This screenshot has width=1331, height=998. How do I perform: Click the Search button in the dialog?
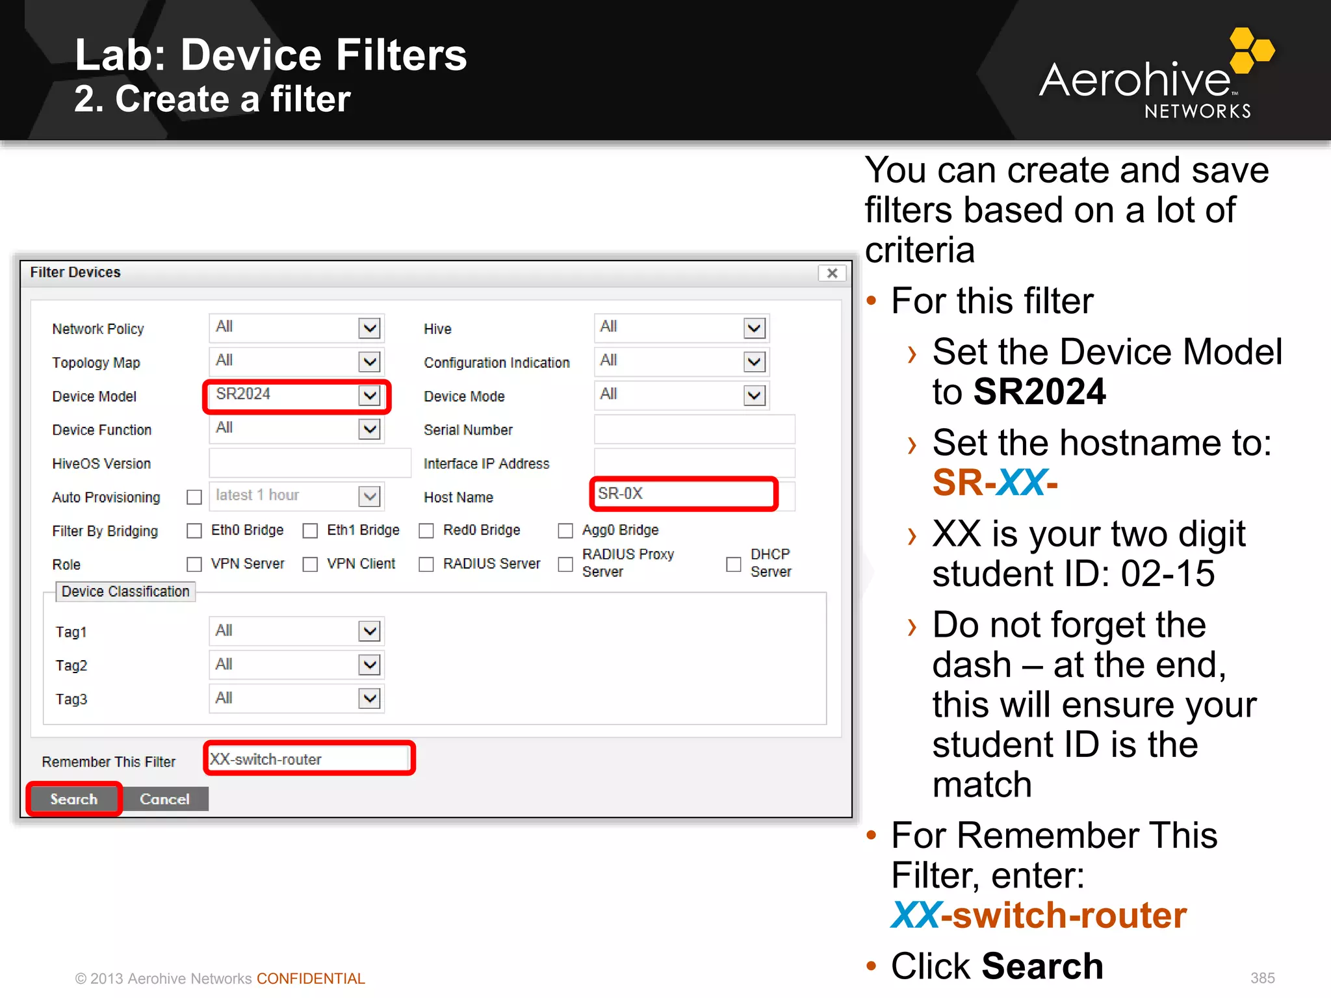[73, 799]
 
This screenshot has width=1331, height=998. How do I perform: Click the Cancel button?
[164, 799]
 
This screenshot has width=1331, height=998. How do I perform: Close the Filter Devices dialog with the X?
[832, 273]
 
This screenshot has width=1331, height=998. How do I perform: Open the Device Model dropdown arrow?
[369, 395]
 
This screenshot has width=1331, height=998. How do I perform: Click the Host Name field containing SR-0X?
[682, 494]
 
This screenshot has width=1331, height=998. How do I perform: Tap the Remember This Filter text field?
[309, 759]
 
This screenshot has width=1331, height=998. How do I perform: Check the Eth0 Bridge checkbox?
[194, 531]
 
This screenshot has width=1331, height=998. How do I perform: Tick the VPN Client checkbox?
[310, 564]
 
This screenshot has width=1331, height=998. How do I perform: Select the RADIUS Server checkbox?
[426, 564]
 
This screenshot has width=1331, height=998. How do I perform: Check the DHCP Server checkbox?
[734, 564]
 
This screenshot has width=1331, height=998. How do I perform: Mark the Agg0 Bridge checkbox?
[565, 531]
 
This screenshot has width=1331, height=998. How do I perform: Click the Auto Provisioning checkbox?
[194, 497]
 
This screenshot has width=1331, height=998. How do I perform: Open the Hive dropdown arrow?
[754, 328]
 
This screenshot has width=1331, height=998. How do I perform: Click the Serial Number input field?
[694, 429]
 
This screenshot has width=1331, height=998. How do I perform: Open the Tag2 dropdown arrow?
[369, 665]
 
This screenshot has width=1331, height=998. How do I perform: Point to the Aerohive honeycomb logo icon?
[1250, 49]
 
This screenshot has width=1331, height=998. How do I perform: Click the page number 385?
[1262, 978]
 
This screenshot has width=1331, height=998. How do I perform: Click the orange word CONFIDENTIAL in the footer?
[311, 979]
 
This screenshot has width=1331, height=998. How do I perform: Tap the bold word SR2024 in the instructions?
[1039, 392]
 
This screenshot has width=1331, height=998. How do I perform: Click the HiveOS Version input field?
[309, 463]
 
